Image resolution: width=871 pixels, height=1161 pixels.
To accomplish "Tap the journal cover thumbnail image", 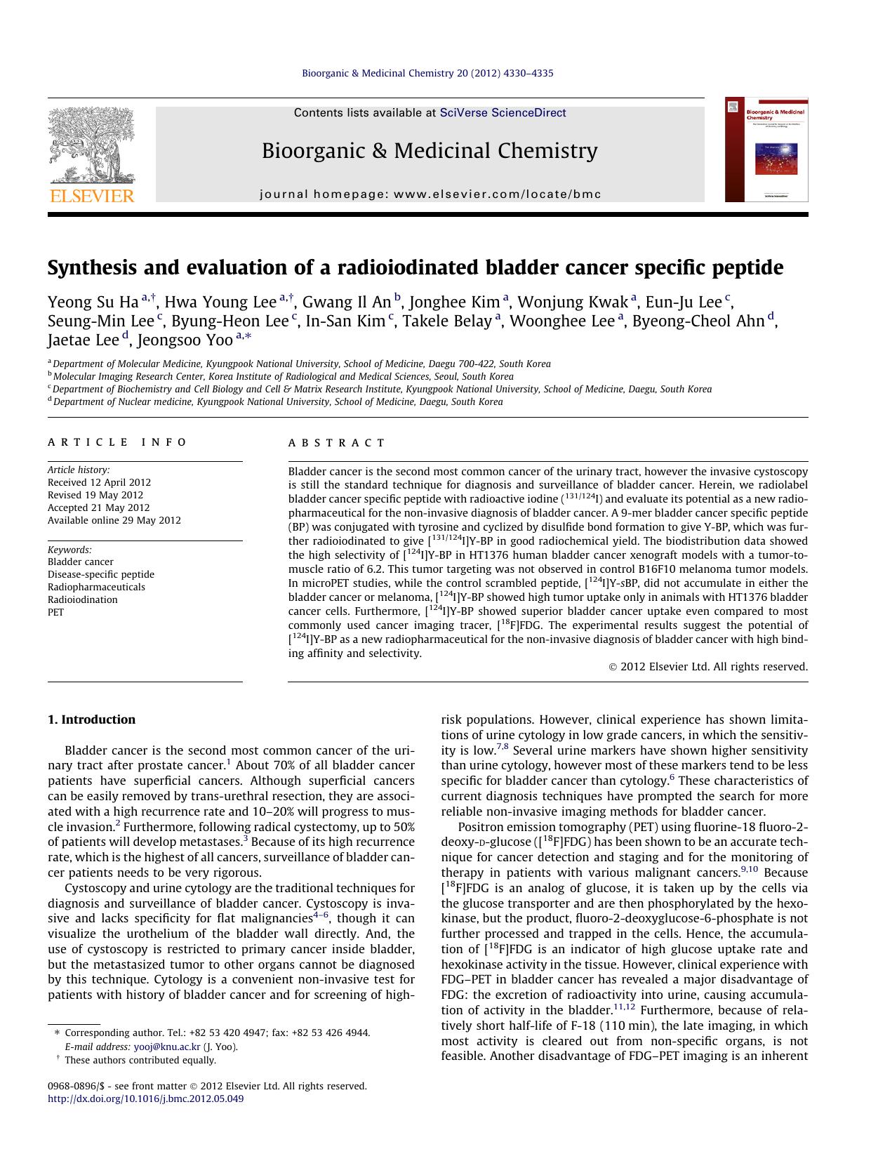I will (x=766, y=150).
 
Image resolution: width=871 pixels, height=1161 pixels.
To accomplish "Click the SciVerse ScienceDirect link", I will (x=503, y=113).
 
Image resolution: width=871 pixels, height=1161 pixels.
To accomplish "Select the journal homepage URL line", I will (x=430, y=194).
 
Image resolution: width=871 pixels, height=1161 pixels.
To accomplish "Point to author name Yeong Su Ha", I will (x=93, y=303).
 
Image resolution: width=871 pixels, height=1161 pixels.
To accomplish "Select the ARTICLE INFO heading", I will (x=117, y=442).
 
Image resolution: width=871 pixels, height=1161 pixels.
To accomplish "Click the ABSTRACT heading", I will (x=336, y=443).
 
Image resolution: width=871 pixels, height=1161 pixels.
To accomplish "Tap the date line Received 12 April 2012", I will (x=99, y=482).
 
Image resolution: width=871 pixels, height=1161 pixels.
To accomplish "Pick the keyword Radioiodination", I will (x=82, y=599).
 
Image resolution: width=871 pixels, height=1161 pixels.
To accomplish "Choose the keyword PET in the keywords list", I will (x=55, y=612).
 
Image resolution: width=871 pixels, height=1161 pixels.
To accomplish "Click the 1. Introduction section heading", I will (x=91, y=719).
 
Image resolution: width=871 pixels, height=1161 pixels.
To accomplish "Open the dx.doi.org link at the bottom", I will (x=145, y=1099).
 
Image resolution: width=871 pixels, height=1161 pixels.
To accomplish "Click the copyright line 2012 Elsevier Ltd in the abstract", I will (x=708, y=667).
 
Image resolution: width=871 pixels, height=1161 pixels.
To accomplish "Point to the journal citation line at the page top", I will (x=427, y=73).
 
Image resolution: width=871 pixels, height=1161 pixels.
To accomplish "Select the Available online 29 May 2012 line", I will (x=114, y=520).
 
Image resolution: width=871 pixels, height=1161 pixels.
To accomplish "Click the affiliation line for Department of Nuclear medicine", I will (x=277, y=402).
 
